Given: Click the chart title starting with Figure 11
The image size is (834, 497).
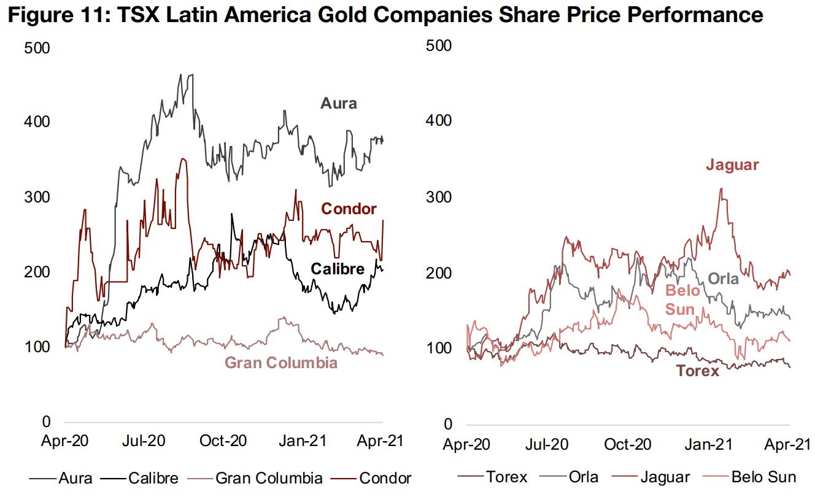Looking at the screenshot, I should [x=385, y=15].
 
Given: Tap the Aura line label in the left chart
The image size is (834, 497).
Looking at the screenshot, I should [x=338, y=104].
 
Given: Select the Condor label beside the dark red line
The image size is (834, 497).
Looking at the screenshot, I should [x=349, y=209].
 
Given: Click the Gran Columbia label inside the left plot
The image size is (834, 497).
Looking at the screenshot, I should [x=281, y=363].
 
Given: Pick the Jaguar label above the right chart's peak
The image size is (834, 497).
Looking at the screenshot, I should [x=732, y=165].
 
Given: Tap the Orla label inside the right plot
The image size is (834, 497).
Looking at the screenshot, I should [x=723, y=279].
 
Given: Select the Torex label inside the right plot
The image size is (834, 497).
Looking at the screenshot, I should [x=697, y=371].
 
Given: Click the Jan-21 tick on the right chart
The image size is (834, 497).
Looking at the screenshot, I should [x=712, y=444].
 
